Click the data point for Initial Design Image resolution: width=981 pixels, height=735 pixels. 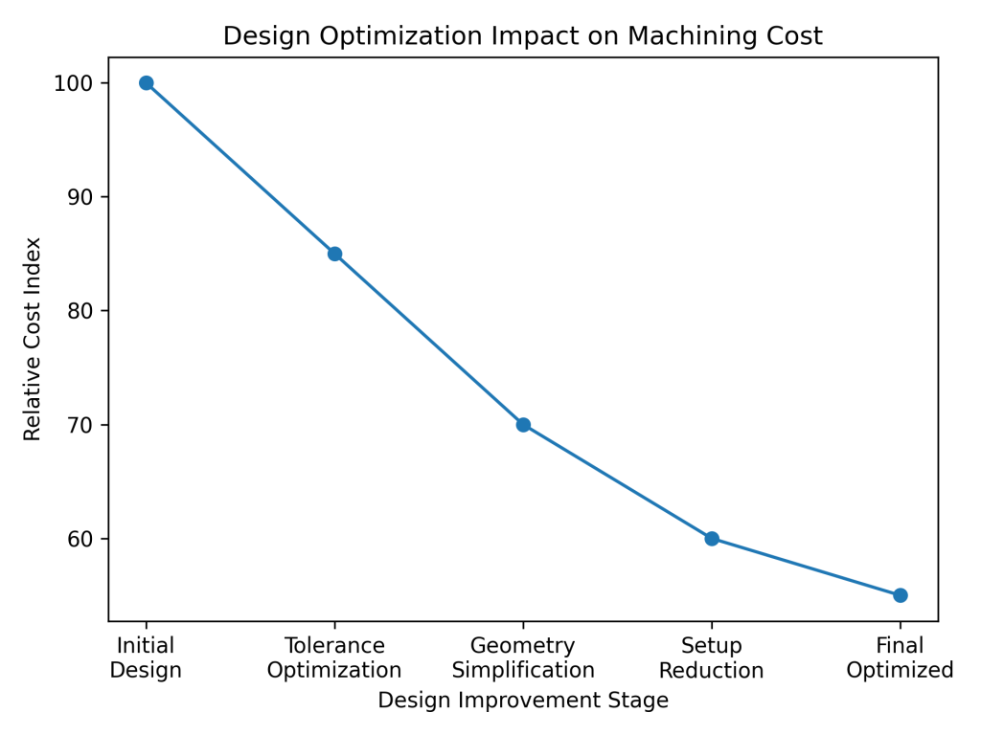coord(146,83)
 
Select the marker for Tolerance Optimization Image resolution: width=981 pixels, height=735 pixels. coord(334,254)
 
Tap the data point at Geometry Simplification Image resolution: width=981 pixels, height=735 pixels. coord(523,425)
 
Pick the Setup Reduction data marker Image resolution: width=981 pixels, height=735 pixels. coord(712,539)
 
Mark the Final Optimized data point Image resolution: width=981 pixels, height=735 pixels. coord(901,595)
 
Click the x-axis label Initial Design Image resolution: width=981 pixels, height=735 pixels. coord(146,658)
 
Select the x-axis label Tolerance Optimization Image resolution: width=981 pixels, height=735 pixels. coord(334,658)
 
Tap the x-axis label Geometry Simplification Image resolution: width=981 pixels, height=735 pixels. coord(523,658)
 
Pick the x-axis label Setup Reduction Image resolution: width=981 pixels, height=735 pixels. coord(712,658)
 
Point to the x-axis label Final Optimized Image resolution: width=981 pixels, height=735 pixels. coord(901,658)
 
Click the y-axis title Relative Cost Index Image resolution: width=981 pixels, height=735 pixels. coord(34,339)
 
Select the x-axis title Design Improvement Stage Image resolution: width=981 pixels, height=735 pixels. coord(523,701)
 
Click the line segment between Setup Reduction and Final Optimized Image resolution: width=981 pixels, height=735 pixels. coord(806,567)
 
